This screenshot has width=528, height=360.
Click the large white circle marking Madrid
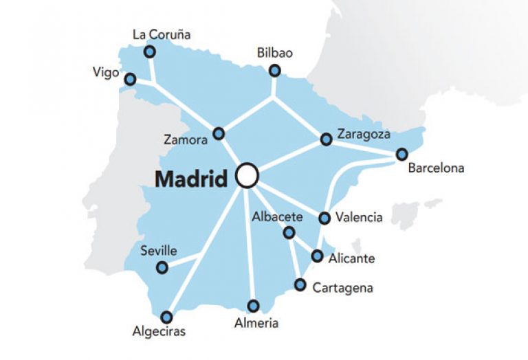pos(246,176)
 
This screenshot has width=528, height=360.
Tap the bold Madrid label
pos(190,179)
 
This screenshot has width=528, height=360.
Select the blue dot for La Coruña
pos(149,52)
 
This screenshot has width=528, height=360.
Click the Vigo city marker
pos(130,80)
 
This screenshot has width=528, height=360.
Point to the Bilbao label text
pos(274,52)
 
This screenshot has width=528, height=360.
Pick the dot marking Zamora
pos(219,133)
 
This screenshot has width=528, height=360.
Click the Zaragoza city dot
pos(326,139)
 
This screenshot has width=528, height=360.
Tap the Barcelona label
pos(435,168)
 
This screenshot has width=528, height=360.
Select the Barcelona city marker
pos(401,155)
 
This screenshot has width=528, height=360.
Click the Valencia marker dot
pos(324,218)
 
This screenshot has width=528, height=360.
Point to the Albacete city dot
pos(289,233)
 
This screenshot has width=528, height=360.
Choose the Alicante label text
pos(353,258)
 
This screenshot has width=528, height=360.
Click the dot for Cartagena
pos(300,284)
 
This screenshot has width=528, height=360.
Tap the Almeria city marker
pos(254,306)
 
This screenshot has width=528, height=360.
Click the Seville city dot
pos(162,268)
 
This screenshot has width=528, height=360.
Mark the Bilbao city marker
pos(275,70)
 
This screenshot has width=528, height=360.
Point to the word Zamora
pos(185,139)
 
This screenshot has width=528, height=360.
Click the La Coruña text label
pos(162,34)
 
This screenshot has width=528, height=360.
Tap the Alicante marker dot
pos(317,256)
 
